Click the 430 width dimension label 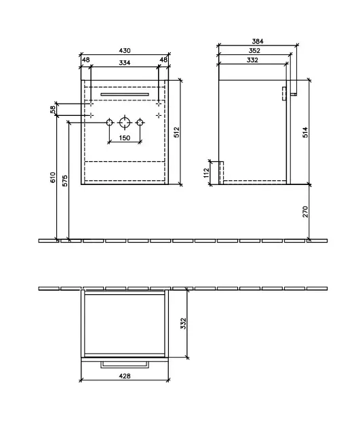(x=125, y=50)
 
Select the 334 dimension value (x=125, y=62)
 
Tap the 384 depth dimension (x=258, y=41)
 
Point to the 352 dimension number (x=254, y=50)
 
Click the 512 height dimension (x=177, y=132)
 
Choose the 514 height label (x=305, y=132)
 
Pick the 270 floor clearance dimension (x=305, y=211)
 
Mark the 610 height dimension (x=53, y=178)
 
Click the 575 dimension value (x=65, y=181)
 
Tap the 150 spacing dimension (x=125, y=138)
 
